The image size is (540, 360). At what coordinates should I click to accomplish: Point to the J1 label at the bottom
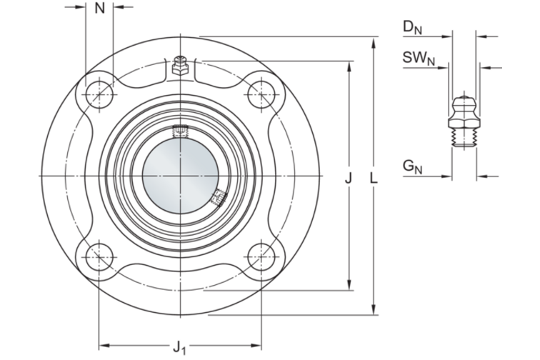pyautogui.click(x=179, y=348)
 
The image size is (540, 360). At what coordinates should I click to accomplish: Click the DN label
pyautogui.click(x=412, y=27)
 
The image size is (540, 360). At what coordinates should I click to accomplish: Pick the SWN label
pyautogui.click(x=419, y=58)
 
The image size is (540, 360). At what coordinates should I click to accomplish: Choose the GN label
pyautogui.click(x=412, y=167)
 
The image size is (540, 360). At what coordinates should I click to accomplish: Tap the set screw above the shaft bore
pyautogui.click(x=181, y=130)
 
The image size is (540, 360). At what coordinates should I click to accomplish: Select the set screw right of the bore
pyautogui.click(x=217, y=196)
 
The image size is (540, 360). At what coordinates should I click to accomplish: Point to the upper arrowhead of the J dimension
pyautogui.click(x=349, y=65)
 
